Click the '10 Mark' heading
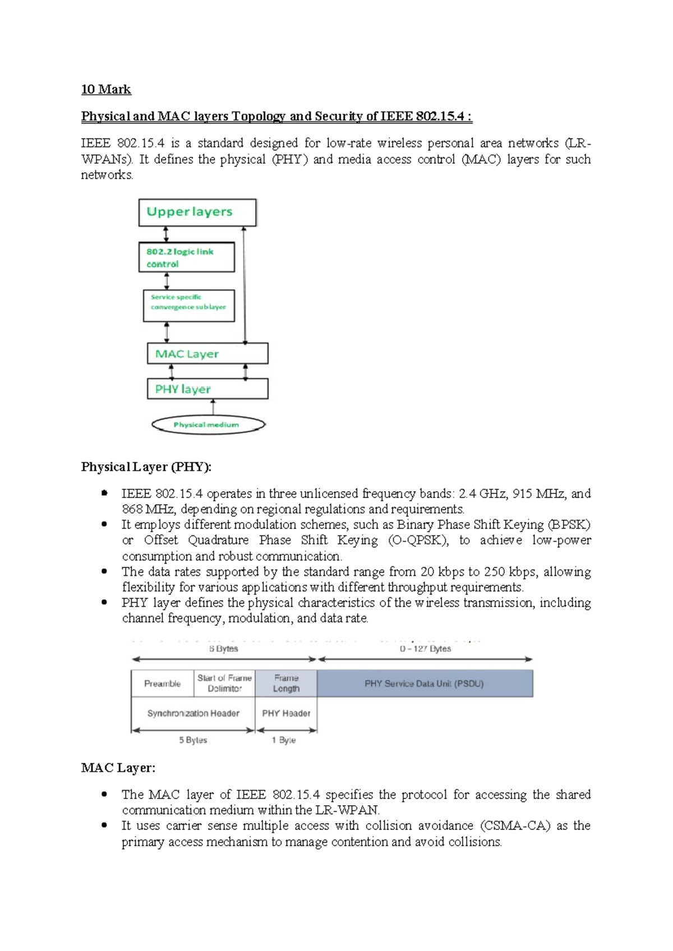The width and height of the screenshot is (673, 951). point(106,90)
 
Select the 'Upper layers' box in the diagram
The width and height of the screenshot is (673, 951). point(197,213)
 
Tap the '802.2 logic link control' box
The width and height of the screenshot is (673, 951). point(186,257)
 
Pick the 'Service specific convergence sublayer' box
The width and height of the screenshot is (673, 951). point(188,306)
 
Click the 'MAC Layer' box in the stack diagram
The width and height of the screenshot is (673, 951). point(208,354)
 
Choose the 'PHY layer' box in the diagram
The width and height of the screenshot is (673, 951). point(208,389)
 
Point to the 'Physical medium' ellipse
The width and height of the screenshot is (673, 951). point(208,425)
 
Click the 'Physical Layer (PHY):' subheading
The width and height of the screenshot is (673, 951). point(146,467)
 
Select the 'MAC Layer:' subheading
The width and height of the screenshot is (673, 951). point(118,768)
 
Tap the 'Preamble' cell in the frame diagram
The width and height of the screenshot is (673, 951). point(163,684)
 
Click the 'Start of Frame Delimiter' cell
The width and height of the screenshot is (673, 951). point(224,684)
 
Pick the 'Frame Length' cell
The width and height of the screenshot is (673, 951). point(286,684)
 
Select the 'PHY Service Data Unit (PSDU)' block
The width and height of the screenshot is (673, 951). point(425,684)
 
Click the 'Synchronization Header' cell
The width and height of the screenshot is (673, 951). point(193,713)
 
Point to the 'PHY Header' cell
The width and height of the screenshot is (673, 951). point(286,713)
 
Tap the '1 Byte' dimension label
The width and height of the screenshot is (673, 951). point(284,740)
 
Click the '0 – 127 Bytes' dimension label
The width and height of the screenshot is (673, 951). point(425,649)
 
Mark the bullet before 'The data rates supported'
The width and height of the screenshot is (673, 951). point(104,571)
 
